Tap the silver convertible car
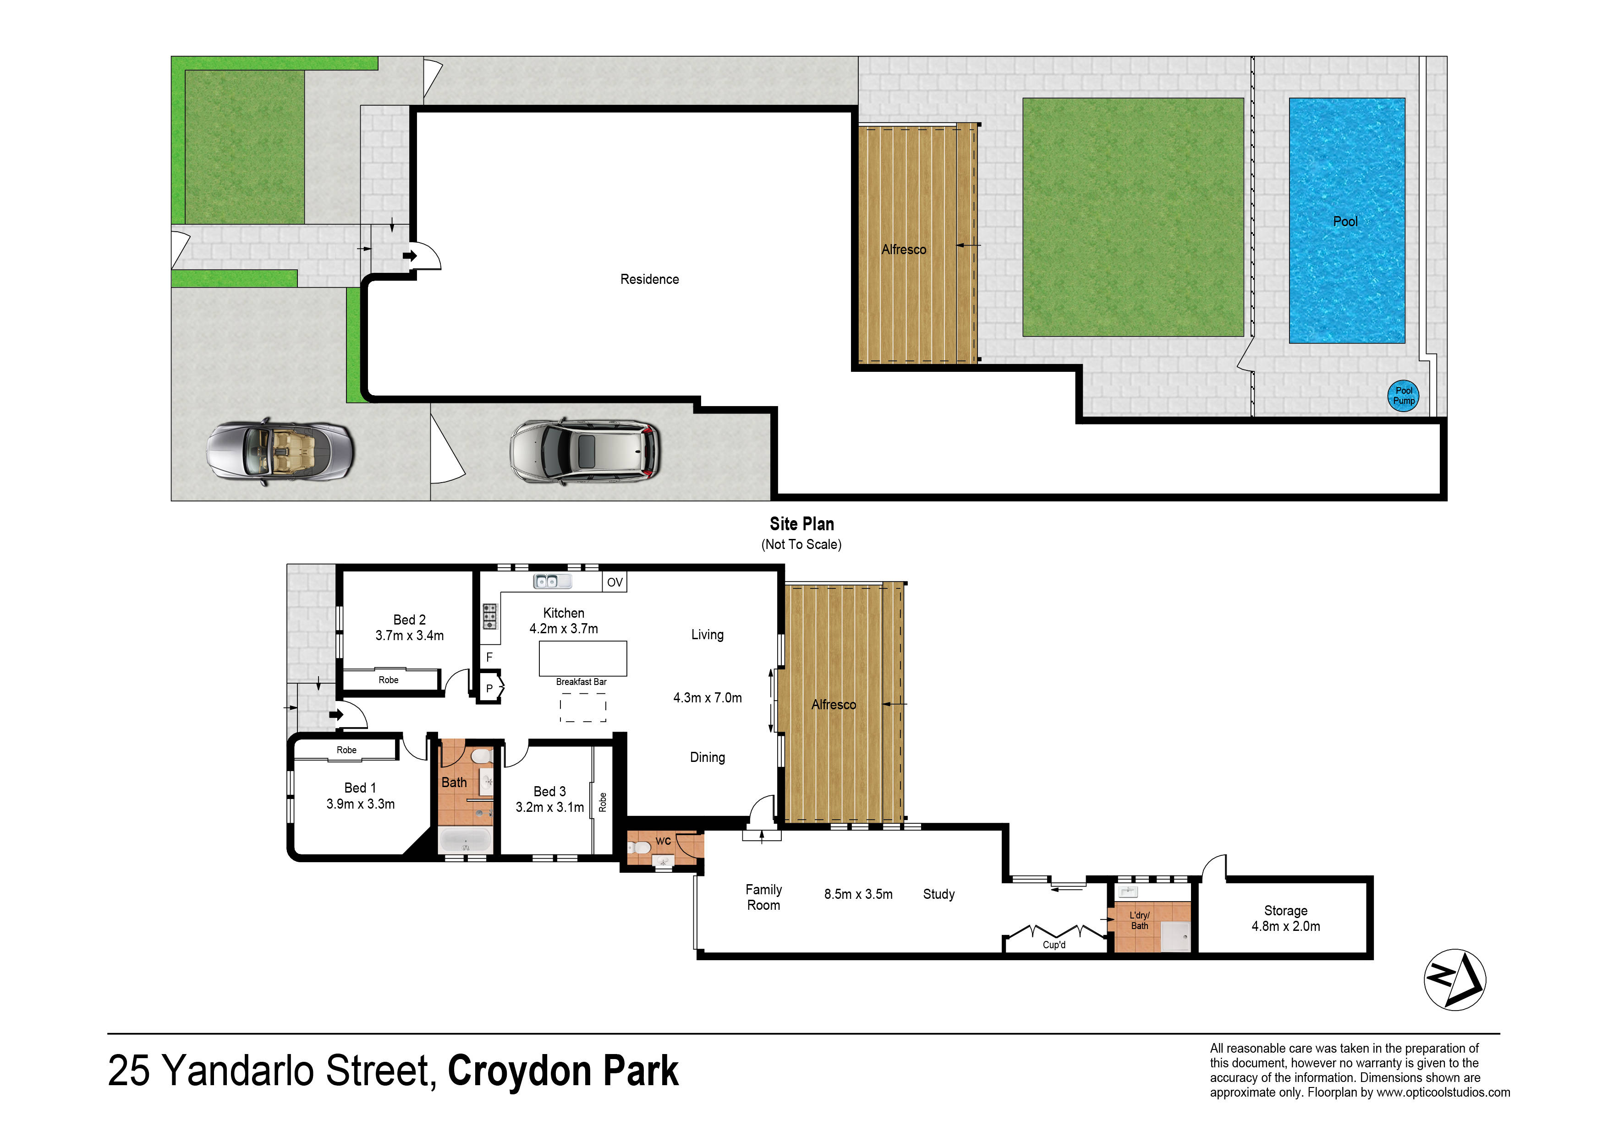(x=280, y=453)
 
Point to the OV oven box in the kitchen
(x=614, y=582)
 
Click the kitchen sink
(x=552, y=581)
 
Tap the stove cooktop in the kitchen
(x=489, y=616)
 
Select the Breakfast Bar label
(x=581, y=682)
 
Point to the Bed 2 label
(x=410, y=620)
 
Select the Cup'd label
(x=1054, y=945)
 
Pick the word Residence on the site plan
(x=649, y=279)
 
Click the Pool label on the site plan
(x=1345, y=221)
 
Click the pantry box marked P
(x=489, y=688)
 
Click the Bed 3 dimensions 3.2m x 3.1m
(x=550, y=807)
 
